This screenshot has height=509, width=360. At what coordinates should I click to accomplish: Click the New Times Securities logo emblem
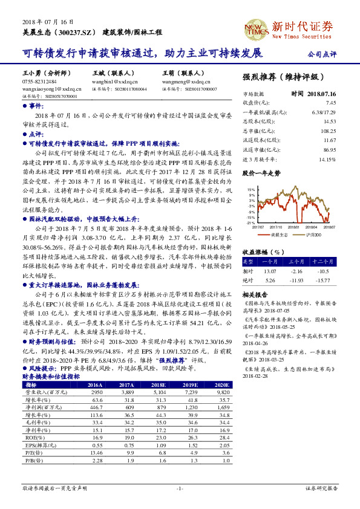(253, 28)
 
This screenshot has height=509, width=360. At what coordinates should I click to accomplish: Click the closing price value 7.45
(330, 103)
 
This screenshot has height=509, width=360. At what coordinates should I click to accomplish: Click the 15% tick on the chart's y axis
(249, 190)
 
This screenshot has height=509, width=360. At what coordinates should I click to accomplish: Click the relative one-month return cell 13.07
(269, 271)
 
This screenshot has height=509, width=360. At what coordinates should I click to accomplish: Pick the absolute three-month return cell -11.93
(296, 280)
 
